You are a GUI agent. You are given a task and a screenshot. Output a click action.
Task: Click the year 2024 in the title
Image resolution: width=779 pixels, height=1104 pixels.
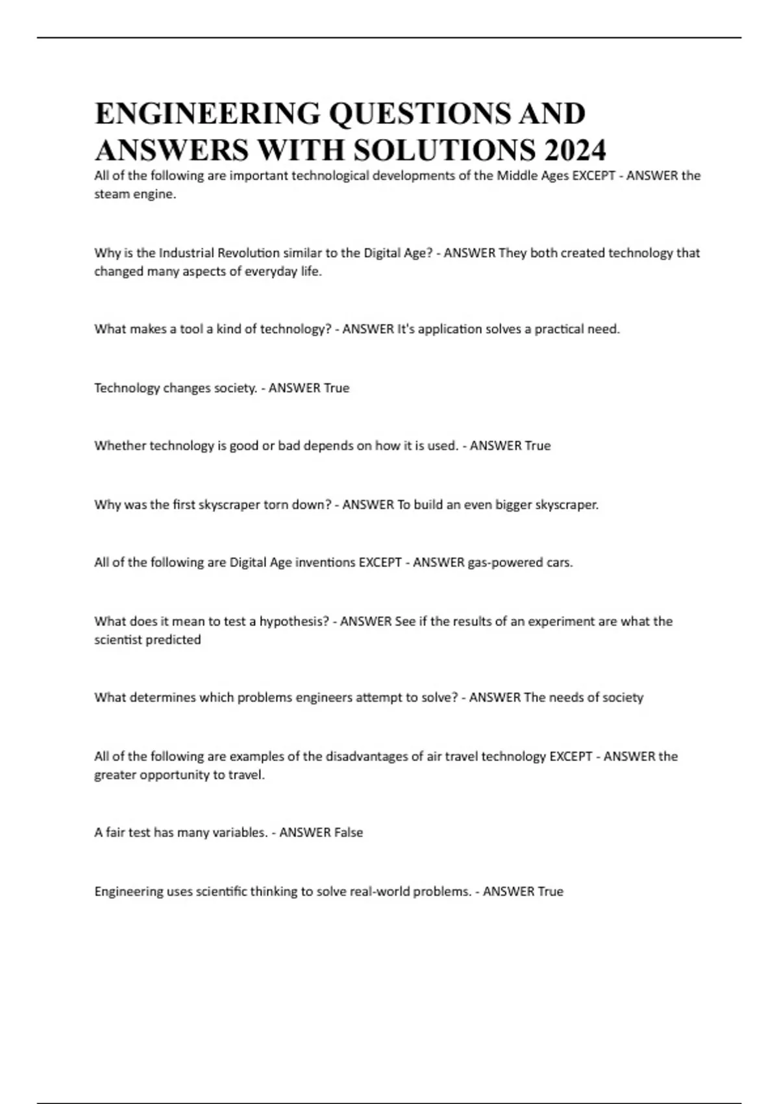point(575,151)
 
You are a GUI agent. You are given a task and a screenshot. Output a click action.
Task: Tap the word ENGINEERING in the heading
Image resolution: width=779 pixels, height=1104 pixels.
point(207,114)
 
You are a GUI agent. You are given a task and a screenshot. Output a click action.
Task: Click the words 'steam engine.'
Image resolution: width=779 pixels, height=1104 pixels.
point(135,194)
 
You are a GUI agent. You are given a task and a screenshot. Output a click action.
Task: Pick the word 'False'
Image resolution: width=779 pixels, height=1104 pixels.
point(348,833)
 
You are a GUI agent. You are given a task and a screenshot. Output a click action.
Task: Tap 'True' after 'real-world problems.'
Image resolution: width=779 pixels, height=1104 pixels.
point(550,892)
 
